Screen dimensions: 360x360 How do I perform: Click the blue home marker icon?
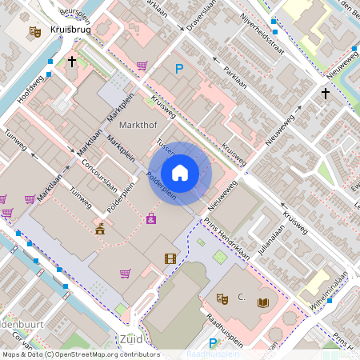pyautogui.click(x=180, y=173)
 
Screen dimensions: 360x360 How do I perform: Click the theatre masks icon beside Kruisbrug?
pyautogui.click(x=34, y=31)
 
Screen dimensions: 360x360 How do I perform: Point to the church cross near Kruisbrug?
pyautogui.click(x=72, y=61)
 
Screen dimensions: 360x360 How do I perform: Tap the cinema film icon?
pyautogui.click(x=170, y=258)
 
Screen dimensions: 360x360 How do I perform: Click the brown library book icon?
pyautogui.click(x=262, y=302)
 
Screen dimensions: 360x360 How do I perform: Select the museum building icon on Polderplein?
pyautogui.click(x=100, y=230)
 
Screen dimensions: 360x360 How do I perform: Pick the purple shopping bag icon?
pyautogui.click(x=150, y=218)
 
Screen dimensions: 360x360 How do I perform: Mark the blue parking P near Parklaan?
pyautogui.click(x=180, y=70)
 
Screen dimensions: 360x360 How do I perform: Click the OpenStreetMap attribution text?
pyautogui.click(x=80, y=354)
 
